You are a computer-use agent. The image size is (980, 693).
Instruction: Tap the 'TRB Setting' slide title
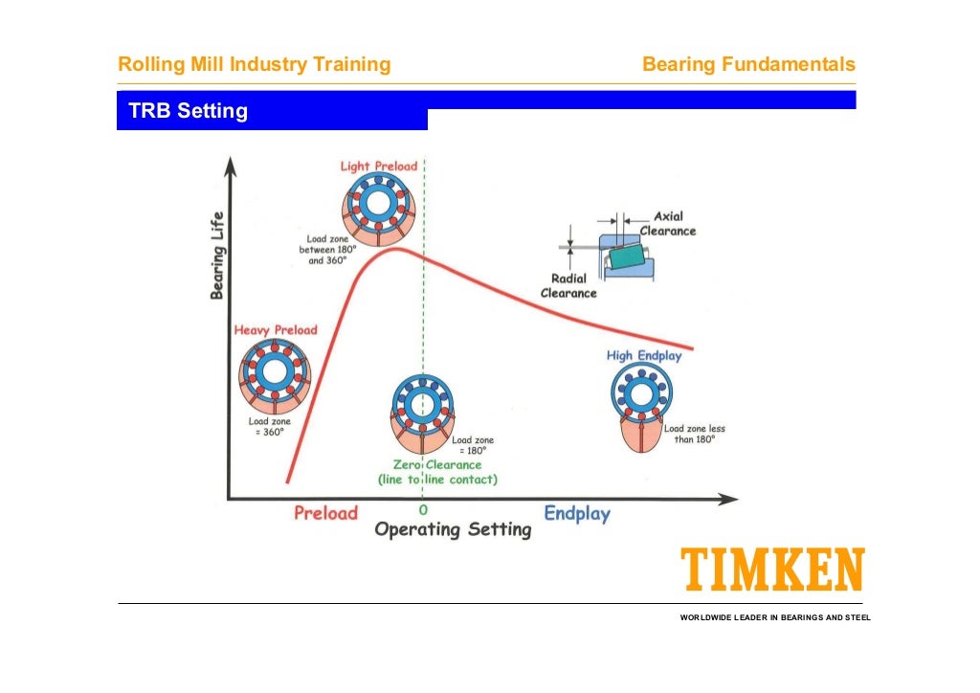click(x=188, y=111)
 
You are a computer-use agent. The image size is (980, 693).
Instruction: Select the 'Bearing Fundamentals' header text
click(x=748, y=65)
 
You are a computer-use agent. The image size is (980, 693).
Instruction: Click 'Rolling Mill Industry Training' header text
click(x=254, y=65)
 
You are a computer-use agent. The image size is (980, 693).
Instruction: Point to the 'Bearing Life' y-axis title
click(x=218, y=255)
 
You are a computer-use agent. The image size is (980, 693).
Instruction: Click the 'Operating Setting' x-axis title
click(x=452, y=529)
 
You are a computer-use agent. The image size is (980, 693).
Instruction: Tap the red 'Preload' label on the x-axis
click(x=325, y=513)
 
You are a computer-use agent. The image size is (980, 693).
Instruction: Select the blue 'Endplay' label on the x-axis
click(x=576, y=514)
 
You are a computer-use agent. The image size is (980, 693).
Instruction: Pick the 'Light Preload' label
click(x=379, y=167)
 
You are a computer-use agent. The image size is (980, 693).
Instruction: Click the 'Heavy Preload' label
click(x=275, y=330)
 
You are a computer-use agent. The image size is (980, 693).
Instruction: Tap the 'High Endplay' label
click(x=644, y=356)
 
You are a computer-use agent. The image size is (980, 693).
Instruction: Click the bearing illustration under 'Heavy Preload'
click(x=275, y=374)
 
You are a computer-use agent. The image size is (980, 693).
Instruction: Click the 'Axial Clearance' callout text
click(x=667, y=223)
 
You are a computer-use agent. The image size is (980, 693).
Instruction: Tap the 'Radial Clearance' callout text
click(x=568, y=285)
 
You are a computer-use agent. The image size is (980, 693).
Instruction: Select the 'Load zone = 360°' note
click(x=269, y=426)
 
